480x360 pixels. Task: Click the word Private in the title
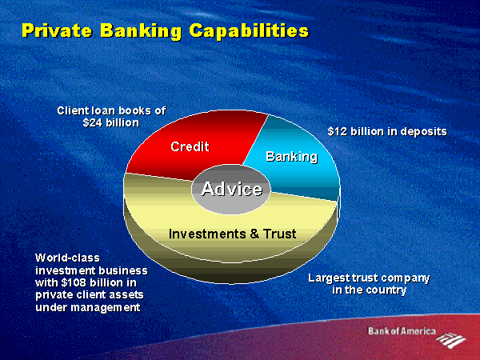coord(57,30)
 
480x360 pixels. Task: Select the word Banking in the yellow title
coord(141,31)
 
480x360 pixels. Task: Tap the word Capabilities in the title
coord(249,31)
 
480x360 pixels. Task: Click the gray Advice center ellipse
coord(231,189)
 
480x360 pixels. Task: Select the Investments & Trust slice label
coord(232,234)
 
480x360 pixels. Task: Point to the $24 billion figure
coord(111,122)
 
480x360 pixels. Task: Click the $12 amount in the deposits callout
coord(338,132)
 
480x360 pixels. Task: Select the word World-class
coord(68,258)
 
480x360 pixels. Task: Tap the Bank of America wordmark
coord(402,331)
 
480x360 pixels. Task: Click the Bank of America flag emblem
coord(451,340)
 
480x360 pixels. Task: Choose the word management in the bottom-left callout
coord(106,307)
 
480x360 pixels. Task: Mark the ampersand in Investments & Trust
coord(254,234)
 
